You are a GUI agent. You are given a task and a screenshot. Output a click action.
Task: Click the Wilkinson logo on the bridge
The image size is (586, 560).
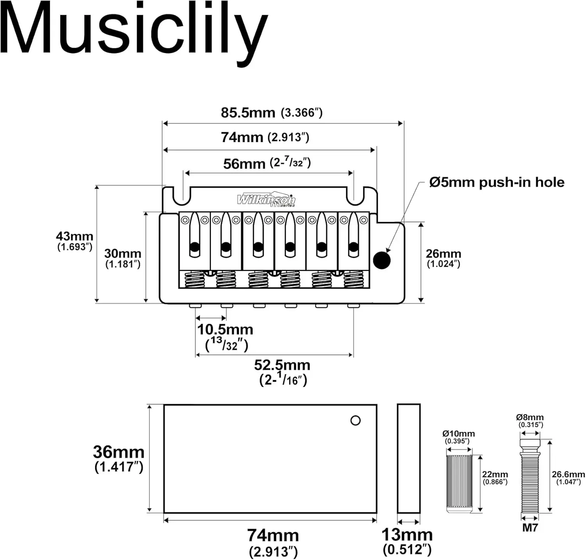point(266,200)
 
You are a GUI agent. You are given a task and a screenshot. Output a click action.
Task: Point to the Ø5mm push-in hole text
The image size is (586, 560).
point(497,182)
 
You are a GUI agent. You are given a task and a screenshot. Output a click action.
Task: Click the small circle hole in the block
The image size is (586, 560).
point(356,421)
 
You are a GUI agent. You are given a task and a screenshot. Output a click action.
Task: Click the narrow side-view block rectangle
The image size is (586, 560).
point(409,458)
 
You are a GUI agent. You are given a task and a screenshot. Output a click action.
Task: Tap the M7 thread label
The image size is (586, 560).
point(530,528)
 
